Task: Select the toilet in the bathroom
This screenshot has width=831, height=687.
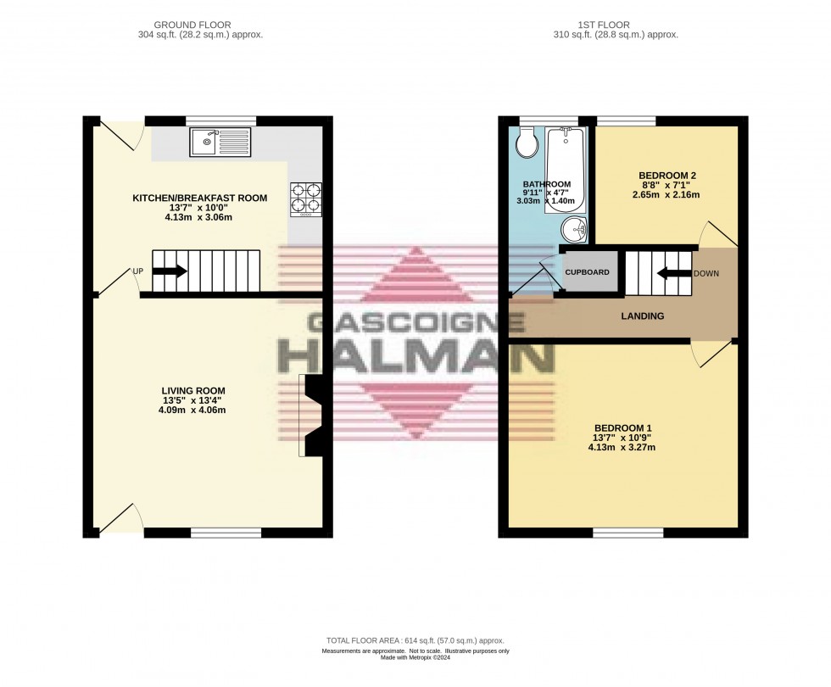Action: pos(527,142)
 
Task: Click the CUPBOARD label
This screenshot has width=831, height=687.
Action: pos(588,272)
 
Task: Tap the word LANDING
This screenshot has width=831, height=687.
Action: pos(642,316)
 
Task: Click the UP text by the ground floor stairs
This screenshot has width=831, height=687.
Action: pos(137,271)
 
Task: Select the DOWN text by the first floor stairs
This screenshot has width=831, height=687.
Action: pos(706,274)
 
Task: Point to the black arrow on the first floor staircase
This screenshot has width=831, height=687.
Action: pos(673,273)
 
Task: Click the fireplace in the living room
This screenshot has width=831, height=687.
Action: pos(311,416)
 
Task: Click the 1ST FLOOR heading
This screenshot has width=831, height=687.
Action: pos(615,25)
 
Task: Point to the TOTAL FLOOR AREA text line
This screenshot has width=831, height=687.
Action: pos(415,639)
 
